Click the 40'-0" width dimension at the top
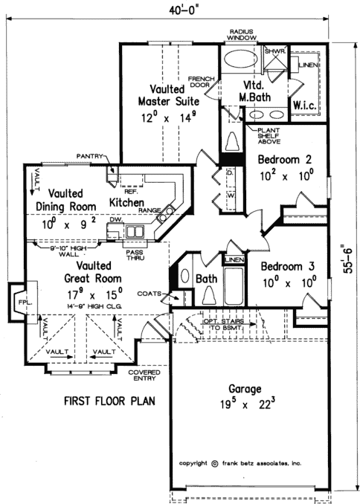pos(179,8)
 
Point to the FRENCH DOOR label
pos(200,81)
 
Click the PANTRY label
pos(90,155)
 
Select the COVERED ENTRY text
pos(144,375)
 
